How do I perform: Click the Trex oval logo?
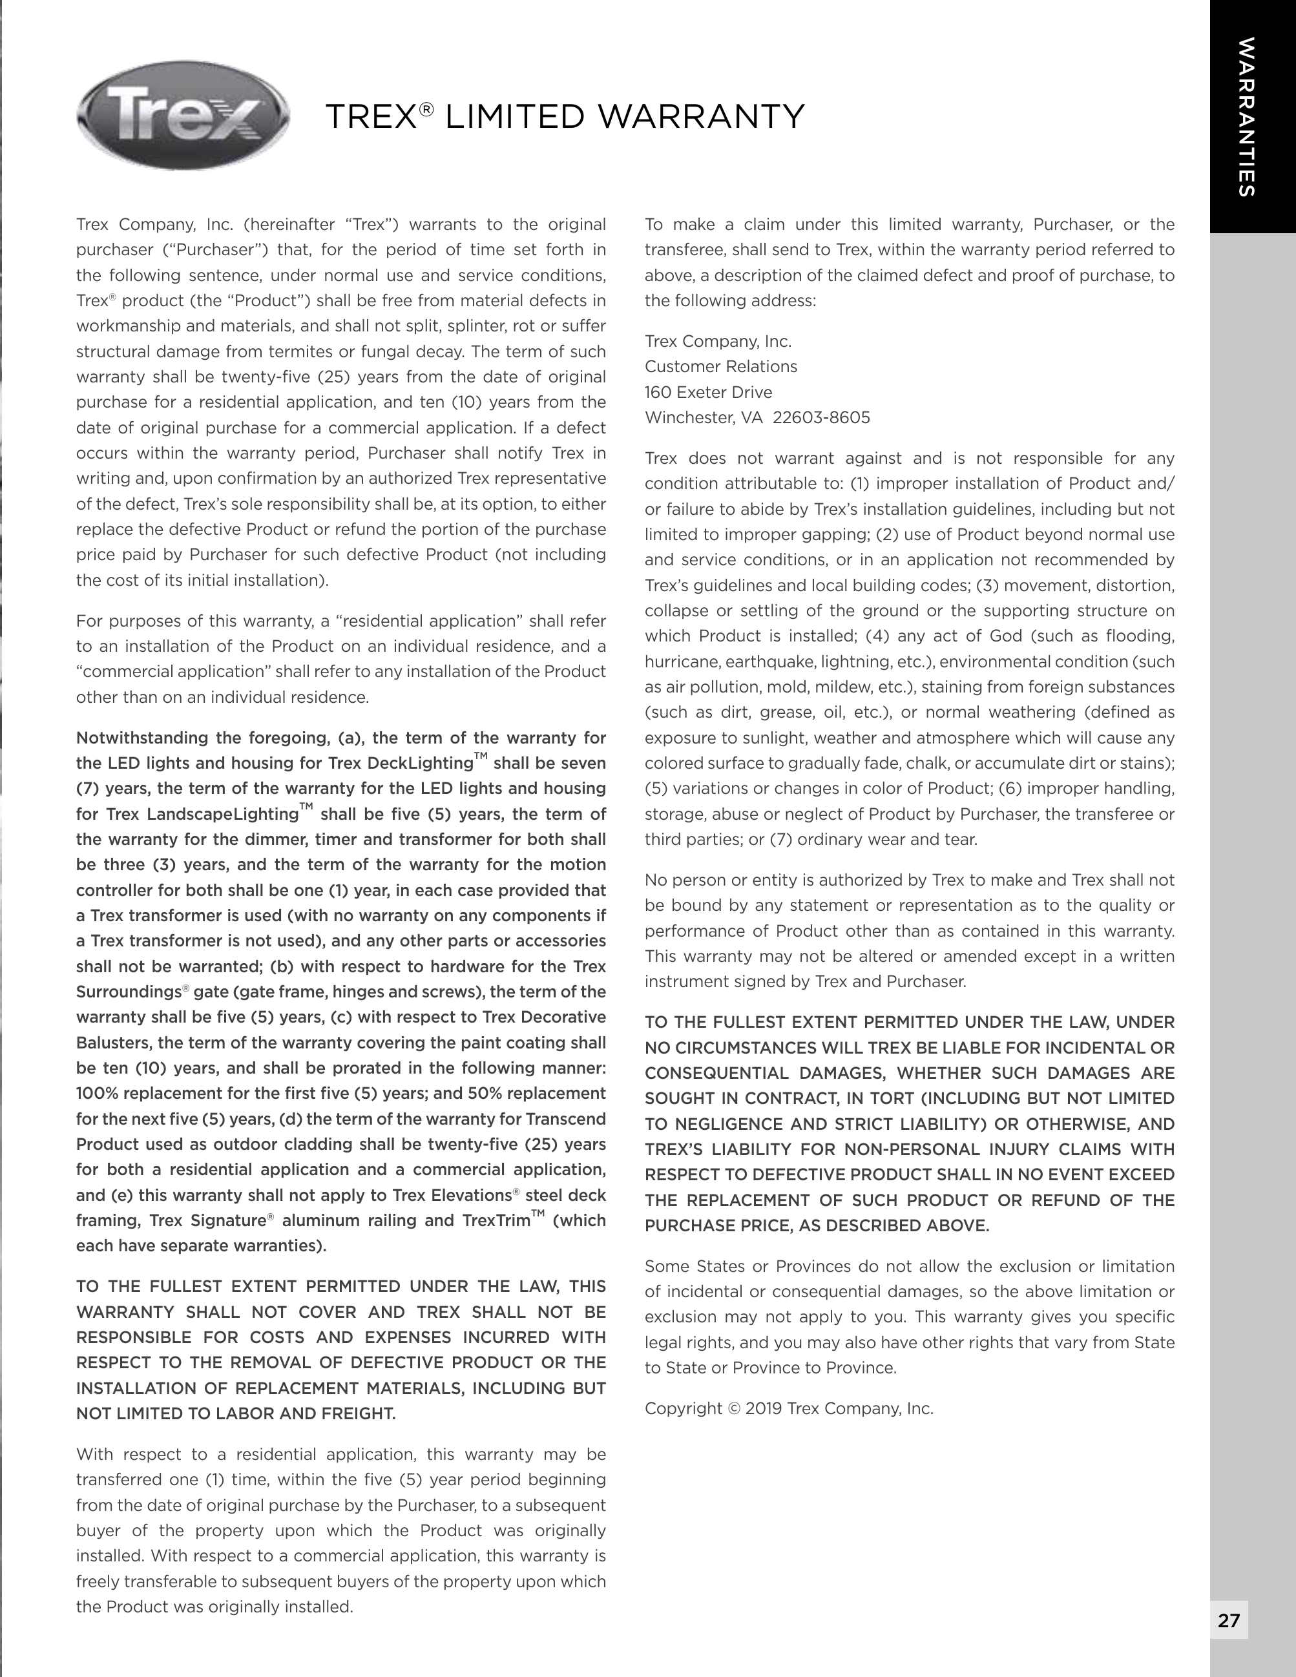(183, 116)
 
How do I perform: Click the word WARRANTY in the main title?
(701, 118)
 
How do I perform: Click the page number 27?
(1228, 1620)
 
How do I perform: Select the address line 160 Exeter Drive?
(708, 392)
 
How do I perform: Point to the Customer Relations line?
(720, 366)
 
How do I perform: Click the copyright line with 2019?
(788, 1408)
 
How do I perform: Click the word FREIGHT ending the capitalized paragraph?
(359, 1413)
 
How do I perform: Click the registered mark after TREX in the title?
(426, 109)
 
